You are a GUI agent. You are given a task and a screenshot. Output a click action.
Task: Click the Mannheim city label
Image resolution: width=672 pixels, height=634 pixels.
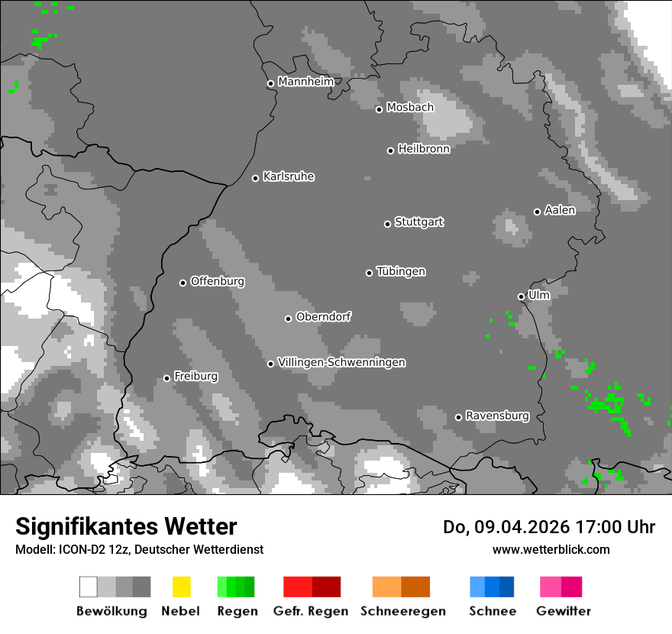coord(305,82)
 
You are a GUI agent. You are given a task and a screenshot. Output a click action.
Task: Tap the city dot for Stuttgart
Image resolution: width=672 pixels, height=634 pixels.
coord(387,224)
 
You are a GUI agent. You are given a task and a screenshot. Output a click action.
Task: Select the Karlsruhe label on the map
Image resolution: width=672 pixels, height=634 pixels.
coord(289,176)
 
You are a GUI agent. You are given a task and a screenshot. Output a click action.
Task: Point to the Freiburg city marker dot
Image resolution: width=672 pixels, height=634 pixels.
coord(166,378)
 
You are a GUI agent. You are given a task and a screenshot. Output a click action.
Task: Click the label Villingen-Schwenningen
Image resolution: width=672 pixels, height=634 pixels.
coord(341,362)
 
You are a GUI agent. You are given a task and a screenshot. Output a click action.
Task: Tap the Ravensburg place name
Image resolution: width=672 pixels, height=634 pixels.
coord(497,416)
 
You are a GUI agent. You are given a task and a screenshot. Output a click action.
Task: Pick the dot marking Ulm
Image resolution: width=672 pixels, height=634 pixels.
coord(521,296)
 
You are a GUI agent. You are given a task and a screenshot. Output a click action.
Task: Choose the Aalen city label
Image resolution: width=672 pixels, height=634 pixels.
coord(560,210)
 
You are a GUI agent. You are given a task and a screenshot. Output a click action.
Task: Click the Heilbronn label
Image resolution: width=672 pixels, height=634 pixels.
coord(424,149)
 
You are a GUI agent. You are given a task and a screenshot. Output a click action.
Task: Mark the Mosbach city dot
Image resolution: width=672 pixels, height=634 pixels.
coord(379,109)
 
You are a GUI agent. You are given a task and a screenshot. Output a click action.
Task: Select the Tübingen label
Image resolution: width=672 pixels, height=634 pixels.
coord(401,271)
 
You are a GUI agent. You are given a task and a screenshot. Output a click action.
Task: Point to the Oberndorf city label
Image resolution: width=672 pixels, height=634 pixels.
coord(323,316)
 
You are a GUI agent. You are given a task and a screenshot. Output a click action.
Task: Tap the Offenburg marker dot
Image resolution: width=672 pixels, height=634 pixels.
coord(183,283)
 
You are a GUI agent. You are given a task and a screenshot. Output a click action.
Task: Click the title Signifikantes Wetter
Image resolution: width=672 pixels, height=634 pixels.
coord(126,526)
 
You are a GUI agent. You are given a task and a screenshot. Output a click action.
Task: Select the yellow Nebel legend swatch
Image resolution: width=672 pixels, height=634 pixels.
coord(181,587)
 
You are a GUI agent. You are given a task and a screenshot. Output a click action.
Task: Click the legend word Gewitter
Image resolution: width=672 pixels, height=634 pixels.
coord(564,611)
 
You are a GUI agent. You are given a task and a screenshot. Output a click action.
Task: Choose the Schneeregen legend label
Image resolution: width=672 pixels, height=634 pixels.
coord(403,611)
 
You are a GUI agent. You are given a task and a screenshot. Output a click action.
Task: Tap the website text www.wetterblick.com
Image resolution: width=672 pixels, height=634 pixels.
coord(551,549)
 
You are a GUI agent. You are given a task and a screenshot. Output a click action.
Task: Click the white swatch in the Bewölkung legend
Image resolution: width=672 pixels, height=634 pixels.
coord(89,587)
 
